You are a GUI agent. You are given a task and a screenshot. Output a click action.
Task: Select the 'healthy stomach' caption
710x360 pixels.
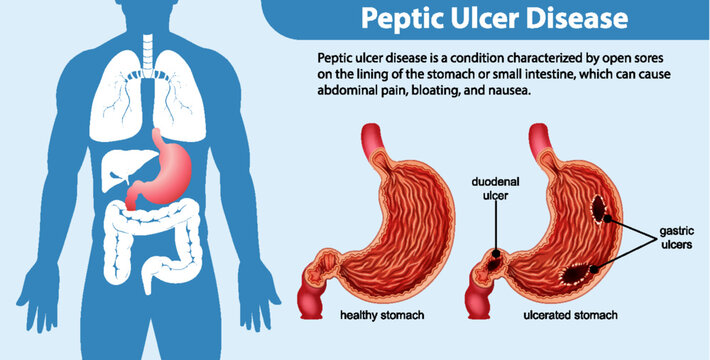point(383,315)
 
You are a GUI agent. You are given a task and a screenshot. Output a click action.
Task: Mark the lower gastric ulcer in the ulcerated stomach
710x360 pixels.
point(579,271)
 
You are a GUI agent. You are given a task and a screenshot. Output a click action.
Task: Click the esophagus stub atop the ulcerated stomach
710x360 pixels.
point(539,137)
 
